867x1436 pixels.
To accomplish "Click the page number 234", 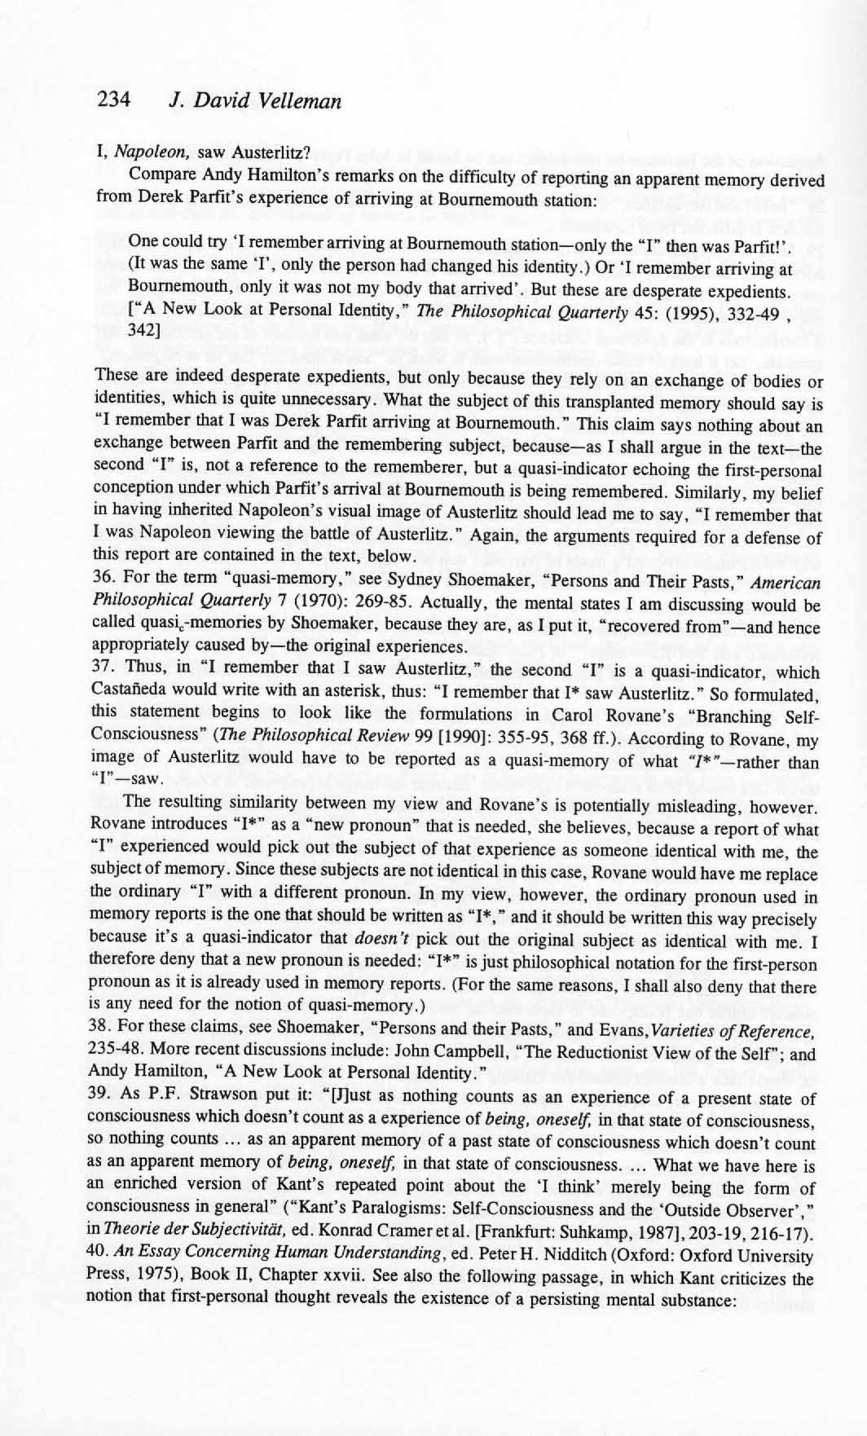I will point(113,100).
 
